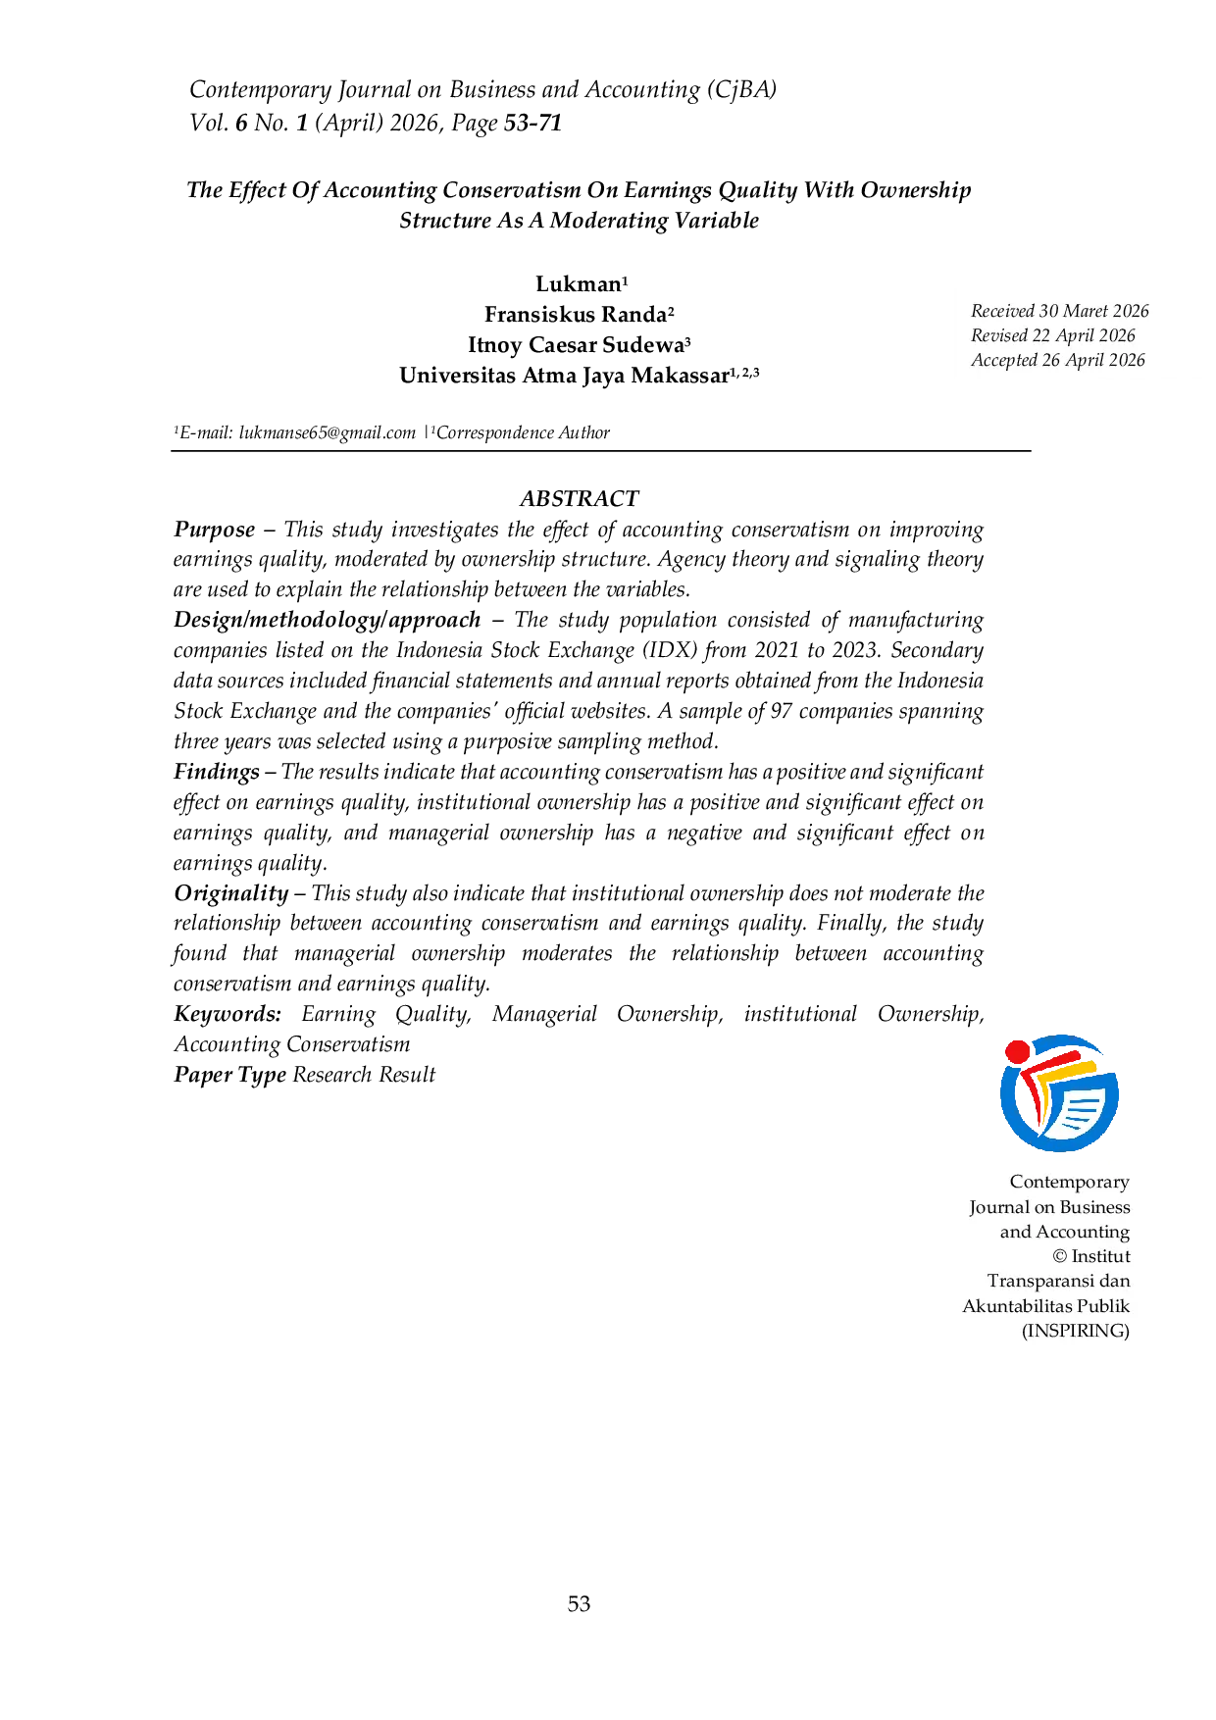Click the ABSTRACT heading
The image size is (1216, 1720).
[x=579, y=498]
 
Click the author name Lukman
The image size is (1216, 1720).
[x=579, y=284]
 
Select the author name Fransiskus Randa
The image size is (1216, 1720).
[x=576, y=315]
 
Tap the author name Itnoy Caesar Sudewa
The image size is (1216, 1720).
[x=576, y=345]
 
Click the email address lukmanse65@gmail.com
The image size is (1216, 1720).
[x=328, y=432]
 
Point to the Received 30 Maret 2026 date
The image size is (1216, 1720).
[x=1060, y=311]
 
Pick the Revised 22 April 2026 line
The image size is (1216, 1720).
[x=1053, y=335]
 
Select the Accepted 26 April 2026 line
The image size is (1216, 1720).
[x=1058, y=360]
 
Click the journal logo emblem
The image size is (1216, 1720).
[x=1059, y=1092]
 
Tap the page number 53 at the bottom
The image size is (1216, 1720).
[x=579, y=1603]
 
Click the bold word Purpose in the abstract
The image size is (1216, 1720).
[x=215, y=531]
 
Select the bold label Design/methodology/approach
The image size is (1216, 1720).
[x=328, y=621]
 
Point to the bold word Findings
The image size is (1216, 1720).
[x=217, y=773]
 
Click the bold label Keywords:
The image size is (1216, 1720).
[x=228, y=1015]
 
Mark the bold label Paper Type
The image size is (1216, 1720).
[x=230, y=1076]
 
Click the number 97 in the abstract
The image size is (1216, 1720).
[x=781, y=711]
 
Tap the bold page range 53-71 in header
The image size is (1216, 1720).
[x=532, y=124]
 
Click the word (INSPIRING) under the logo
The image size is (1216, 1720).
[x=1076, y=1331]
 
